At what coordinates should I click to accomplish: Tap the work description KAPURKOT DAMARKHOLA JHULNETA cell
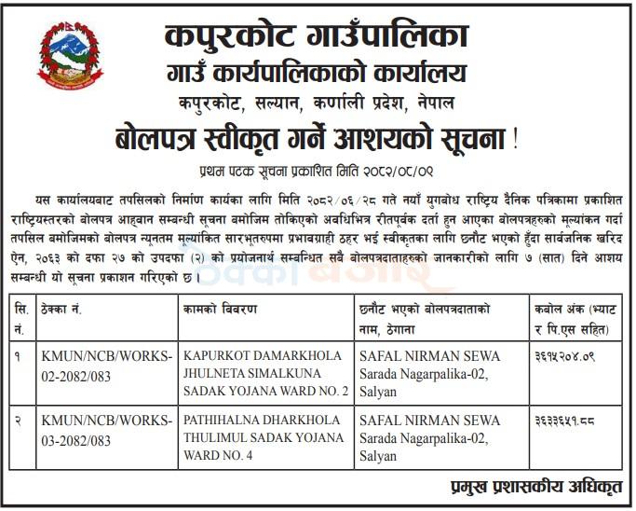[x=266, y=373]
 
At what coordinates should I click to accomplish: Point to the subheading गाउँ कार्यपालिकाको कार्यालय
[x=317, y=72]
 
